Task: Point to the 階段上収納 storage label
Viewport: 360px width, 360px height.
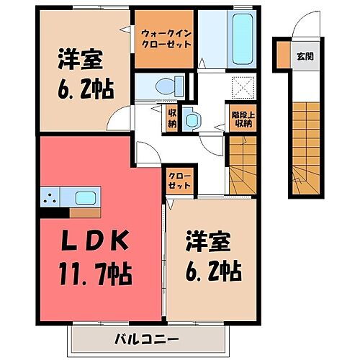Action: (243, 119)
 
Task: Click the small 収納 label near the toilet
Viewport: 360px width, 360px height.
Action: (173, 117)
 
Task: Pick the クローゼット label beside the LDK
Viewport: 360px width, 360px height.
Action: (179, 179)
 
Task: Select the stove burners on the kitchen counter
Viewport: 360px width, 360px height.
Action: (51, 197)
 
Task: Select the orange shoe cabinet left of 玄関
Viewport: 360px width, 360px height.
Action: (282, 55)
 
